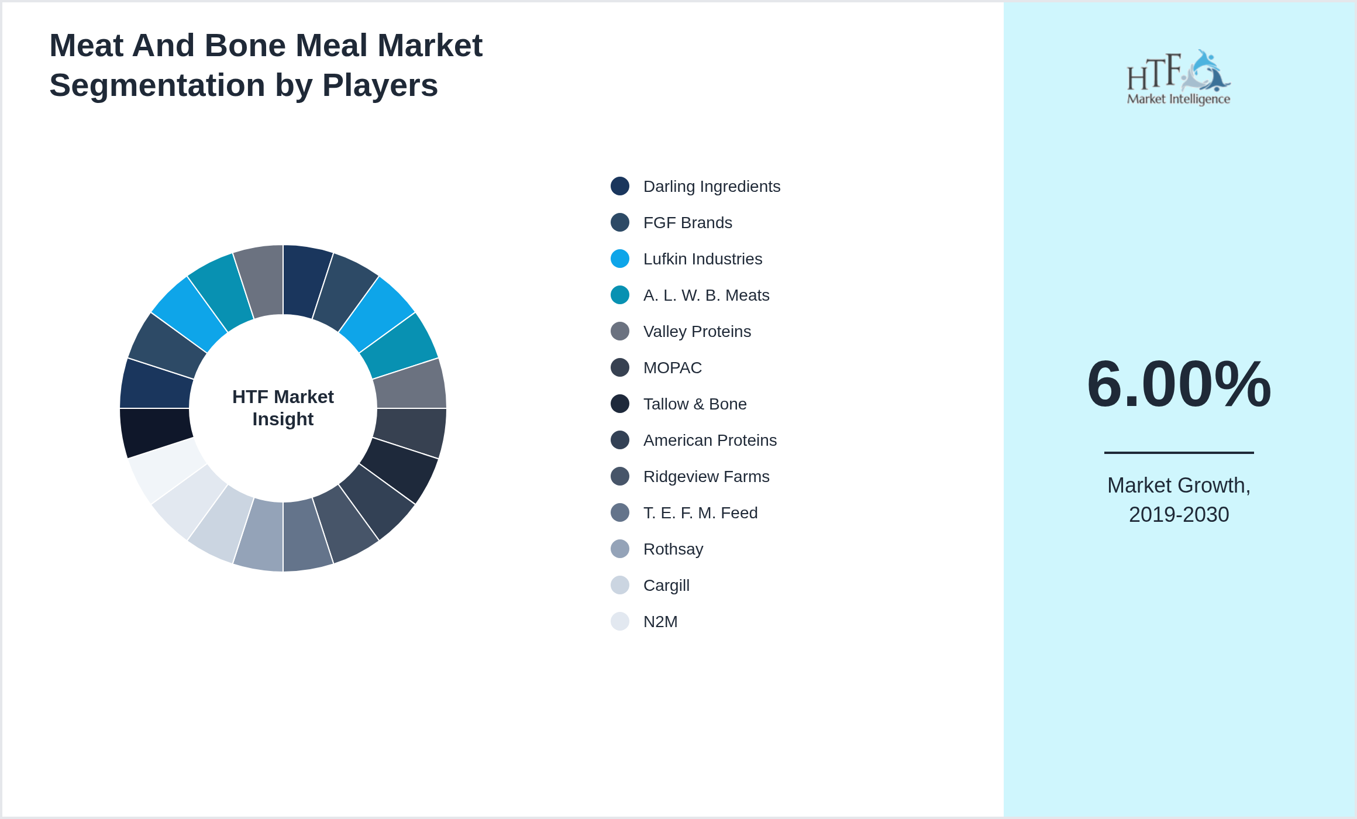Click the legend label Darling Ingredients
(x=711, y=186)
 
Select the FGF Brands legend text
(x=687, y=222)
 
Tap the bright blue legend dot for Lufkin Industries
(x=619, y=259)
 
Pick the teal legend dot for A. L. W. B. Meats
(x=619, y=295)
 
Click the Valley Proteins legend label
(x=697, y=331)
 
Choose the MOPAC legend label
(x=672, y=367)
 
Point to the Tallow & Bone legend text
(x=694, y=404)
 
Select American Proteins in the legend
(x=710, y=440)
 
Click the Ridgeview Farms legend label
(x=706, y=476)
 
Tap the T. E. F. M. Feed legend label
(x=700, y=512)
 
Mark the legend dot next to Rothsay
(x=619, y=549)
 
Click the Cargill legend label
(x=666, y=585)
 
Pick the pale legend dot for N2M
(x=619, y=621)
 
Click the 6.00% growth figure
(x=1179, y=384)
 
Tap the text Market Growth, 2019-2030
(x=1179, y=500)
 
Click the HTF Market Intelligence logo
(x=1179, y=78)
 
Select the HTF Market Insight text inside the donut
(x=283, y=408)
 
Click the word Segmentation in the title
(x=157, y=85)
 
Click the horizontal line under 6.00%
(x=1179, y=452)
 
